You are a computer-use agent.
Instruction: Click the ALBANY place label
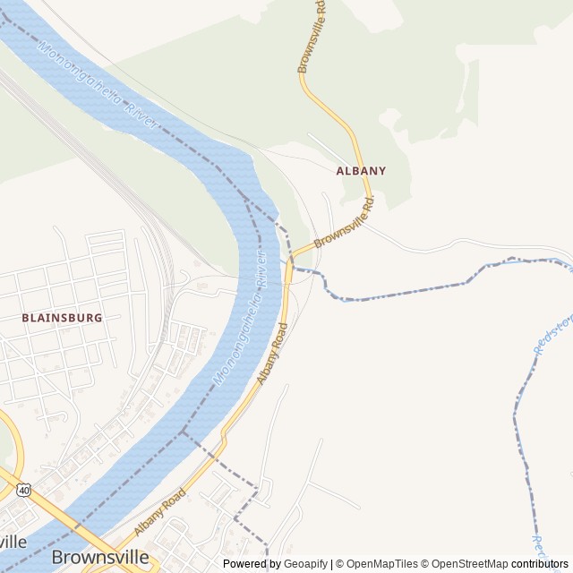click(x=361, y=170)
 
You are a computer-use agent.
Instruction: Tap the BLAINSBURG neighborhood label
click(x=62, y=318)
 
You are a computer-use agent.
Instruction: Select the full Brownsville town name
click(x=99, y=557)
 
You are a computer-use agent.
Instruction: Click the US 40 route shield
click(x=22, y=489)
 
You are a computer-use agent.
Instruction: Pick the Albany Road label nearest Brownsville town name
click(x=159, y=511)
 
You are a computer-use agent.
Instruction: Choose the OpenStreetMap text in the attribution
click(x=469, y=564)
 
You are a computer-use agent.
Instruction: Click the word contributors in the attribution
click(x=540, y=564)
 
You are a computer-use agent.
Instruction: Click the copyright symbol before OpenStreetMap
click(x=424, y=564)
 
